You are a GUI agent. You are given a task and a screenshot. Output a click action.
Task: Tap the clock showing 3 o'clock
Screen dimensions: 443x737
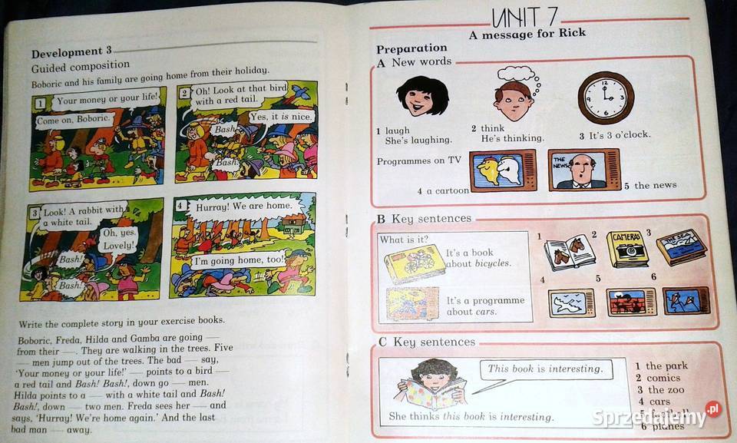pos(606,98)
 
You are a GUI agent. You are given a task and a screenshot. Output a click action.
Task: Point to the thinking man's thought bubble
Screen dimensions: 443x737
pos(516,74)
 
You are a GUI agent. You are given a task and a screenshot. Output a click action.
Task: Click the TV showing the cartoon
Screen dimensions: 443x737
pos(503,170)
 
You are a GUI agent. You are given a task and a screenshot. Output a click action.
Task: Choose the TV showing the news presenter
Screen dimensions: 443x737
pos(583,170)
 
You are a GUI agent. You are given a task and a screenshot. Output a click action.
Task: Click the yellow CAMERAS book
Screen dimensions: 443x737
pos(627,248)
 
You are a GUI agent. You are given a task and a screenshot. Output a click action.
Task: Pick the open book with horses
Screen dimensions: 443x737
pos(570,253)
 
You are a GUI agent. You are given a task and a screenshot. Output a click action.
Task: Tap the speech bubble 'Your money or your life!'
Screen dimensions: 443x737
pos(108,99)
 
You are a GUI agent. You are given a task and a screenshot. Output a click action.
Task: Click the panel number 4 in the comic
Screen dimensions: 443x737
pos(180,206)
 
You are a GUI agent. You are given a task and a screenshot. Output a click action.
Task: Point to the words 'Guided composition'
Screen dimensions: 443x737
pos(81,66)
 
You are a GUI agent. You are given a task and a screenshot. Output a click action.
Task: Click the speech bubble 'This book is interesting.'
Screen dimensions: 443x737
pos(544,369)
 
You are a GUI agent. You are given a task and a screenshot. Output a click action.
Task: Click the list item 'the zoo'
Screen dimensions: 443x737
pos(665,390)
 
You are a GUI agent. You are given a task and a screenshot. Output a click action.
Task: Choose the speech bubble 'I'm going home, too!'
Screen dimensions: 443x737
pos(240,260)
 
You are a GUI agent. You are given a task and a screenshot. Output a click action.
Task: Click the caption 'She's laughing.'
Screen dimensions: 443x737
pos(418,141)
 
